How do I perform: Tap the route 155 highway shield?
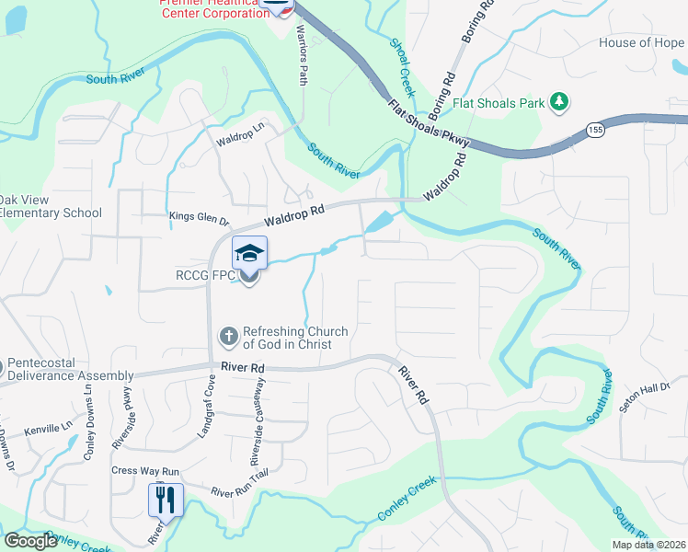[x=595, y=130]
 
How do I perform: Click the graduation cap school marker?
[x=249, y=252]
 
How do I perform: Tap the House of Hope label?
[x=641, y=42]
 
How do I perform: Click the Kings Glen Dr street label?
[x=199, y=217]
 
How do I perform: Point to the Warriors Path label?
[x=303, y=56]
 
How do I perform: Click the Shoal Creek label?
[x=403, y=67]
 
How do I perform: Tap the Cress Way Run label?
[x=145, y=470]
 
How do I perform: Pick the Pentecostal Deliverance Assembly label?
[x=71, y=369]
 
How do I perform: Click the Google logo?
[x=30, y=541]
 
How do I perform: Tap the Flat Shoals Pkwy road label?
[x=429, y=123]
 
